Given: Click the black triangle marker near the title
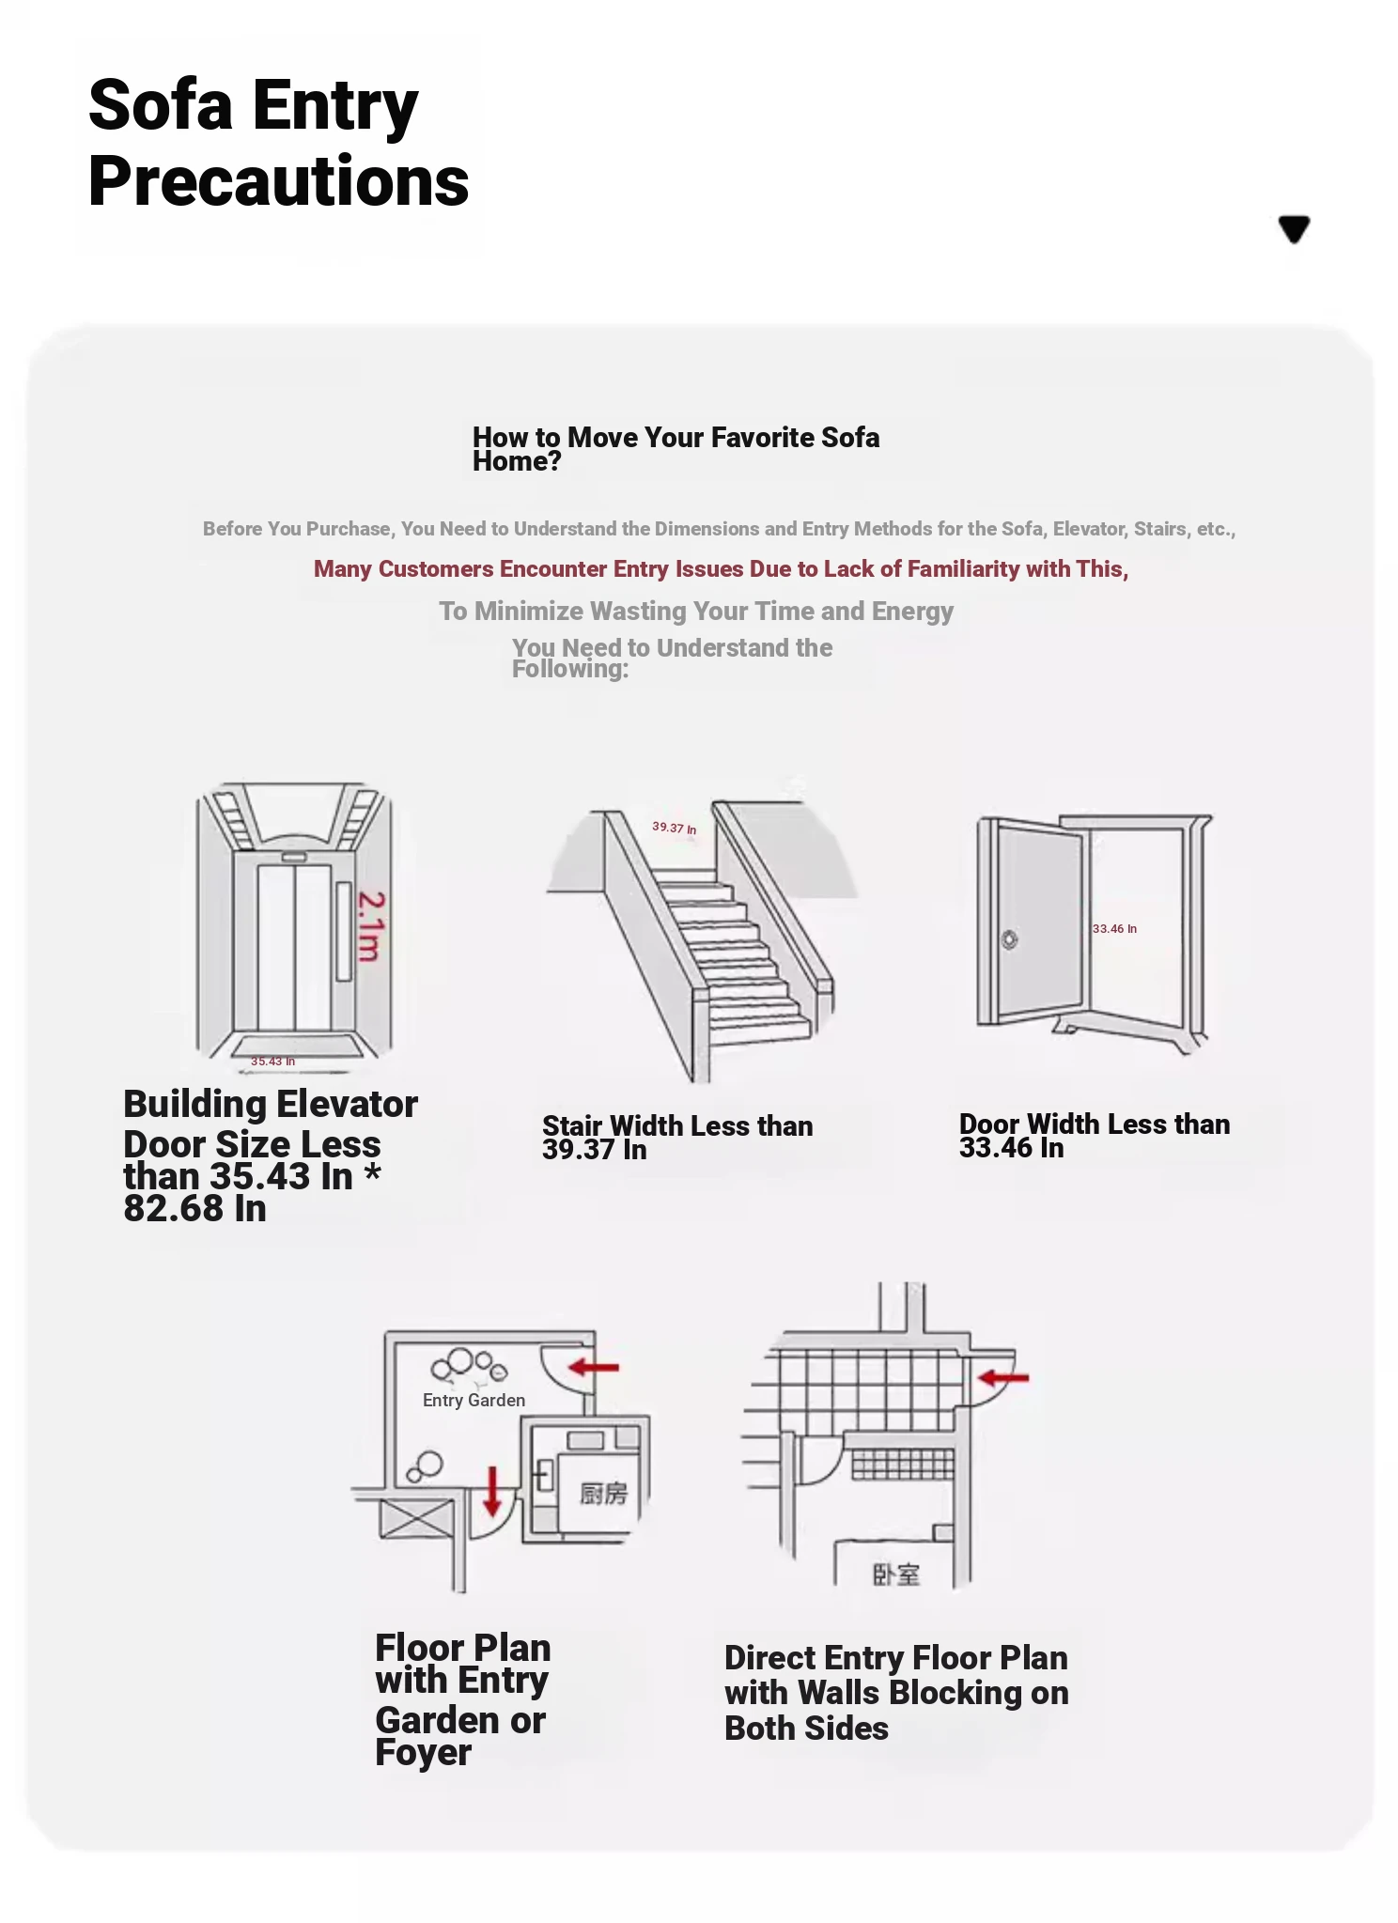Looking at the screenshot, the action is tap(1294, 228).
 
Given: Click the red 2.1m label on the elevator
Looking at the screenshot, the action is tap(370, 926).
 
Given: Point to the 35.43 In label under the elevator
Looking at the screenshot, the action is tap(272, 1062).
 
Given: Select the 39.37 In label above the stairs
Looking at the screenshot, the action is tap(675, 828).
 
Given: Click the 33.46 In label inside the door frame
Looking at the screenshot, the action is tap(1114, 928).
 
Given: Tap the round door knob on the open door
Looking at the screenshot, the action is tap(1009, 939).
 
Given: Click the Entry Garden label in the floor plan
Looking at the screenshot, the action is tap(474, 1400).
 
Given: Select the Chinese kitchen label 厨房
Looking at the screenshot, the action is tap(602, 1494).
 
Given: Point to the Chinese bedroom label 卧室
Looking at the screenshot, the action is tap(896, 1574).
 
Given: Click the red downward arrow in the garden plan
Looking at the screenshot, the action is tap(491, 1491).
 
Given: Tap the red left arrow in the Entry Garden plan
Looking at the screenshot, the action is tap(594, 1367).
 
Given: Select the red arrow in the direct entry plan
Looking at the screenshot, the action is tap(1002, 1378).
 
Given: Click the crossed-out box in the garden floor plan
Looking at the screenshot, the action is tap(416, 1519).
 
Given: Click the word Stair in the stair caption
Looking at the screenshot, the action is tap(571, 1125).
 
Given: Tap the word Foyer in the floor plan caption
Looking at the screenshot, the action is tap(423, 1753).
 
